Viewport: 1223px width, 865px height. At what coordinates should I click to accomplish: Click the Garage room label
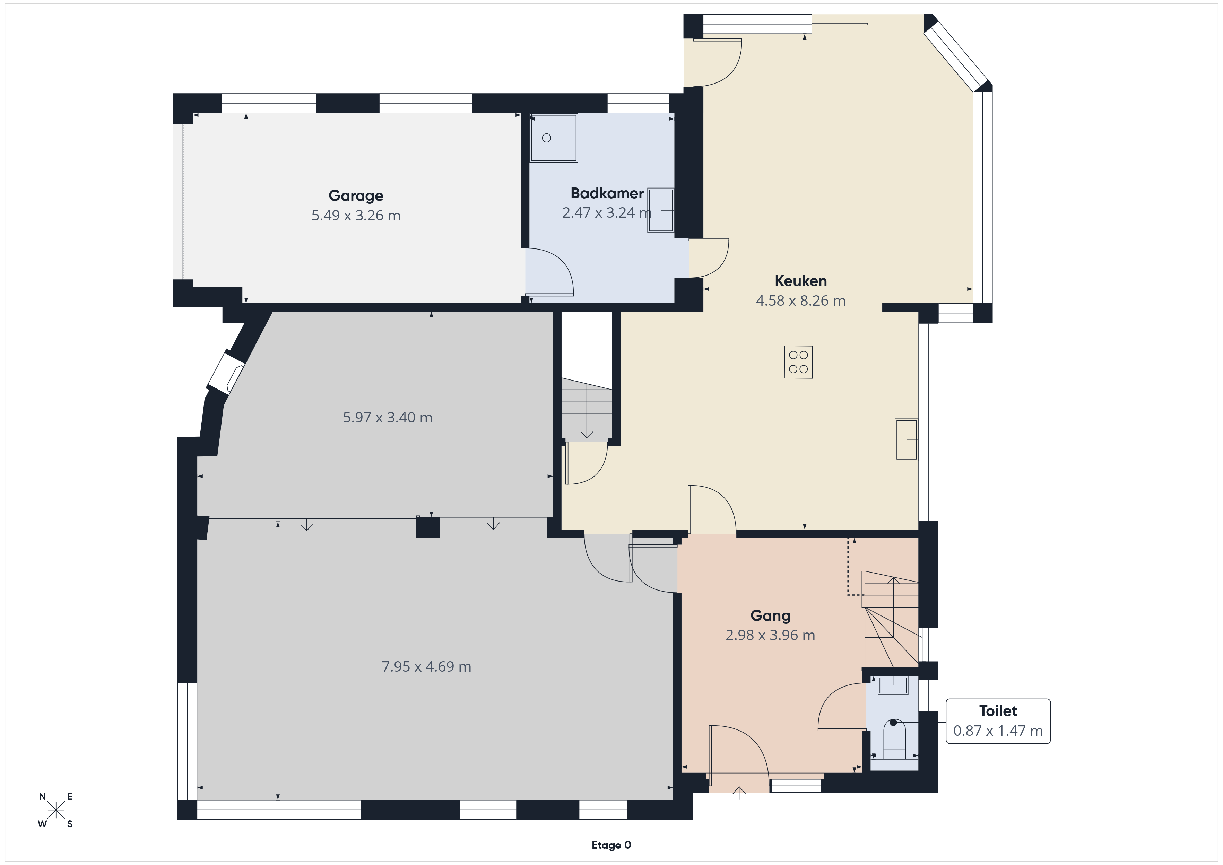point(356,195)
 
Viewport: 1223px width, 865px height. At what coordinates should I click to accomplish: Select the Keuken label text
point(800,281)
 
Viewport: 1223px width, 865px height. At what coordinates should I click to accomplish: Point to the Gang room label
point(770,616)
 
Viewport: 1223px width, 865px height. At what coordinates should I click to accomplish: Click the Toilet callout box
point(998,721)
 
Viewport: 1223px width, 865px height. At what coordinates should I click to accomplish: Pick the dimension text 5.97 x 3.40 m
point(387,418)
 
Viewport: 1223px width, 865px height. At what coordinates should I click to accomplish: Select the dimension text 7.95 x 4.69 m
point(426,667)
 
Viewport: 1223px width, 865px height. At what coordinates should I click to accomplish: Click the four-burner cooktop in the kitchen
point(798,362)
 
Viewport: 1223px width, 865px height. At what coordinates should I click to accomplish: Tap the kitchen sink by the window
point(906,439)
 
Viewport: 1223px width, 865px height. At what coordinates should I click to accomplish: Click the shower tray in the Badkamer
point(554,138)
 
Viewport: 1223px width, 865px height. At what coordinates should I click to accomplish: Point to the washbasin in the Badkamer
point(660,210)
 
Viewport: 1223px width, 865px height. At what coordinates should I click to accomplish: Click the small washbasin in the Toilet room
point(893,685)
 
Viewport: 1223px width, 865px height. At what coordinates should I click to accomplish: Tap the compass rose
point(56,811)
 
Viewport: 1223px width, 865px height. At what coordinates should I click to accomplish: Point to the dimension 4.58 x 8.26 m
point(800,301)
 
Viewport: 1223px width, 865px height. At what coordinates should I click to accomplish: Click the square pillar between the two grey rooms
point(428,527)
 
